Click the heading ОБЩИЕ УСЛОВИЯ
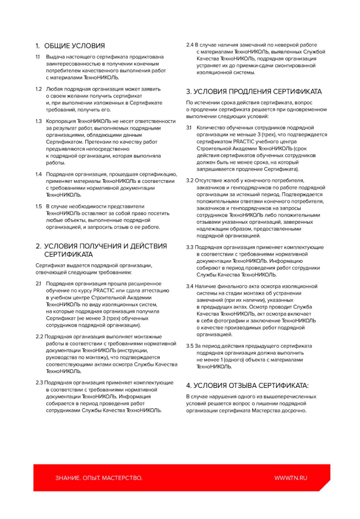coord(74,45)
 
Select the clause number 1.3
coord(39,121)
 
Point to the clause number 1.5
coord(39,206)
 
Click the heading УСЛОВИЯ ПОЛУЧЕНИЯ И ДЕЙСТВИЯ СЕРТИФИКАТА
coord(101,250)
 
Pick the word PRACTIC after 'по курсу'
coord(109,290)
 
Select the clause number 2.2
coord(39,336)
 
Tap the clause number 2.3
coord(39,382)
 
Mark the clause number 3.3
coord(190,247)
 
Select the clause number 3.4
coord(190,286)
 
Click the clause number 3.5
coord(190,345)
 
